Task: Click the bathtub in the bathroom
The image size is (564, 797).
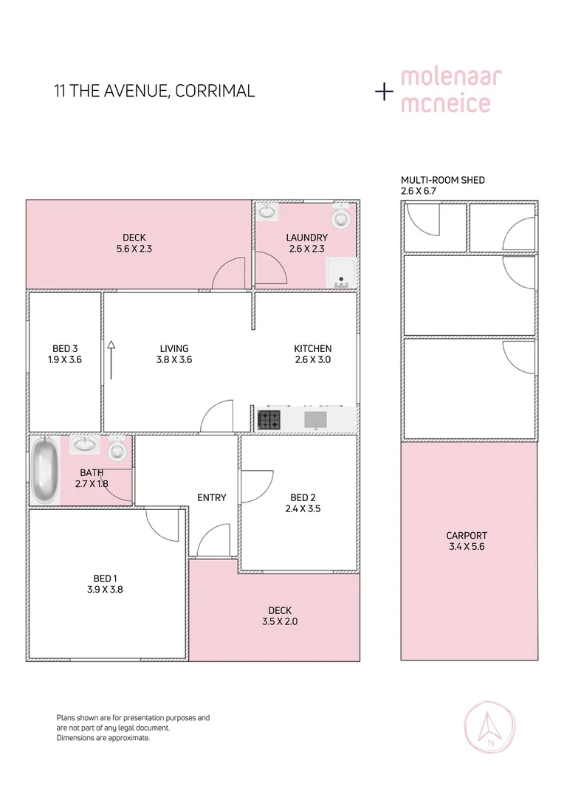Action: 45,469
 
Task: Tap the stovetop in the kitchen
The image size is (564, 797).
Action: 269,420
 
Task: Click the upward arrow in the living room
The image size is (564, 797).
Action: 111,359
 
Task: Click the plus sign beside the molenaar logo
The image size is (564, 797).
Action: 384,92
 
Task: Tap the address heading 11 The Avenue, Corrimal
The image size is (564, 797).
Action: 154,92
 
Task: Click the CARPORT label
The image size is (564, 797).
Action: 467,536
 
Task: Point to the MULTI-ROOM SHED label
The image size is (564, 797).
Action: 443,180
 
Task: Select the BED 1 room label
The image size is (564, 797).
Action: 104,578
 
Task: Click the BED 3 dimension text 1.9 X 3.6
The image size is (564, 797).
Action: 64,360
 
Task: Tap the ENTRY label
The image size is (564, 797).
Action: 211,498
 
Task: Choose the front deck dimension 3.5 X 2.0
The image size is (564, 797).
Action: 280,621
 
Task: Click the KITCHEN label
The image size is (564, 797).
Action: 312,349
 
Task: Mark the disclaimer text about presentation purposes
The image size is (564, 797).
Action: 133,727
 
